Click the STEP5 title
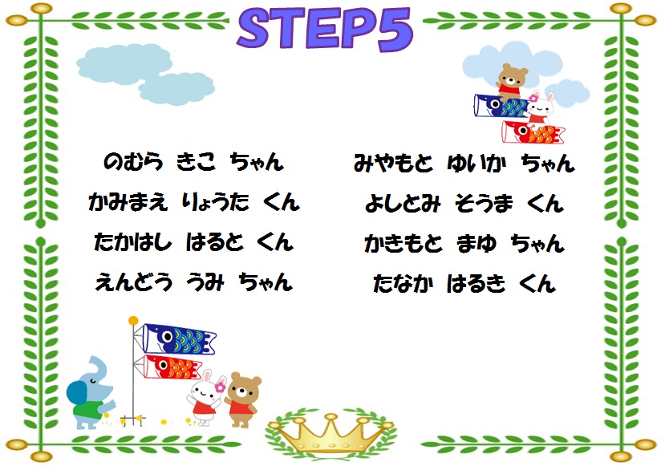coord(325,29)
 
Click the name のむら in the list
coord(133,162)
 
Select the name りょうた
coord(216,202)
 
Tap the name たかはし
coord(133,242)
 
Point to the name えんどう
coord(134,282)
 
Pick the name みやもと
coord(393,163)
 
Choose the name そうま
coord(484,203)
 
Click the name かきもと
coord(403,244)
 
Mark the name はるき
coord(476,283)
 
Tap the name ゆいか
coord(476,163)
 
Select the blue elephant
coord(91,393)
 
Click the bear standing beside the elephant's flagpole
coord(242,399)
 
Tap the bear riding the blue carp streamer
coord(512,82)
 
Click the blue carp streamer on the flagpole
coord(179,338)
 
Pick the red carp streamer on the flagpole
coord(172,367)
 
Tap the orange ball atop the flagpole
coord(134,321)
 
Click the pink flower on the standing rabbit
coord(220,387)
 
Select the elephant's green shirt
coord(87,409)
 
